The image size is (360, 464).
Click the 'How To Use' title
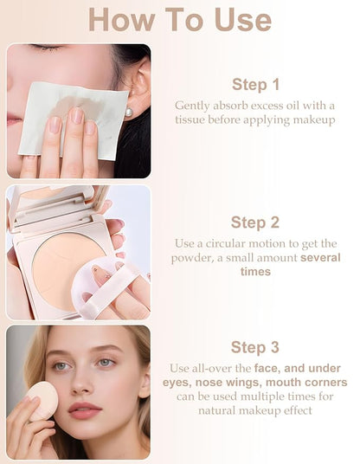[180, 19]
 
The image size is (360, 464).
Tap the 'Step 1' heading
[255, 84]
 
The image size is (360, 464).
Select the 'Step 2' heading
[255, 222]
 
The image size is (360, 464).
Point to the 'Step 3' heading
[255, 347]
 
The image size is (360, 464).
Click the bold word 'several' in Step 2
[320, 258]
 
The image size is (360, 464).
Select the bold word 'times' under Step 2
[255, 273]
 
